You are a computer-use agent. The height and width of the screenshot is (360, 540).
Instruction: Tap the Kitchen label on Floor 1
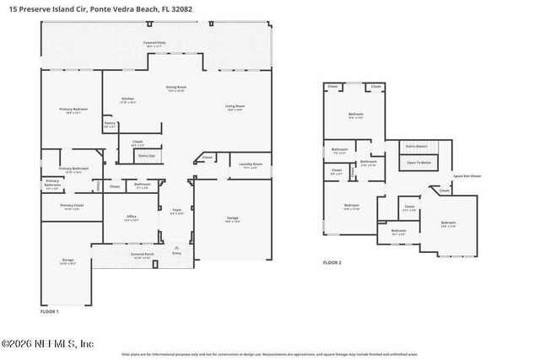127,99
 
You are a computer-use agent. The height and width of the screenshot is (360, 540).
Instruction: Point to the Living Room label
235,106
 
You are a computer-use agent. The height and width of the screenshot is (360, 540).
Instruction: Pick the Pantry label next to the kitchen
110,123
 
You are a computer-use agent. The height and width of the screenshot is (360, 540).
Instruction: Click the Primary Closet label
71,206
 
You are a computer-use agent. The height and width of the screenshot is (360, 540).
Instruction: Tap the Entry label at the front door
176,253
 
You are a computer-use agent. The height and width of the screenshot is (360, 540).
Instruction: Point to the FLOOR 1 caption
50,311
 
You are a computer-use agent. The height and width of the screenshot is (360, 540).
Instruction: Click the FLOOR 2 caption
332,263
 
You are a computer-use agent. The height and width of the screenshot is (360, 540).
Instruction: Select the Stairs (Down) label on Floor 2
416,146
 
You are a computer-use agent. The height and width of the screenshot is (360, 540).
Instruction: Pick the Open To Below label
419,162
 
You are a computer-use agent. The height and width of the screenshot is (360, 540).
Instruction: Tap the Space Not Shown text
467,176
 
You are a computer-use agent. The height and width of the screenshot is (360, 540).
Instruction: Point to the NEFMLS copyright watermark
47,344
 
